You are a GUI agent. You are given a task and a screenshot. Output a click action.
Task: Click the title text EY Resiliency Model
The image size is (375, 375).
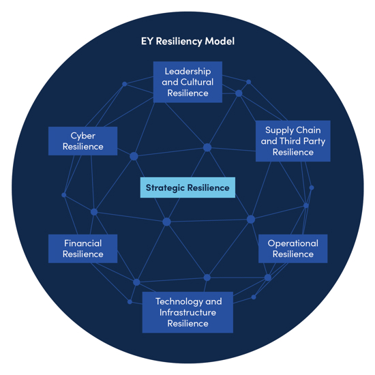pos(187,42)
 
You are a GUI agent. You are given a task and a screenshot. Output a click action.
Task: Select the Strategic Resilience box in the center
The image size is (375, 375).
pos(187,187)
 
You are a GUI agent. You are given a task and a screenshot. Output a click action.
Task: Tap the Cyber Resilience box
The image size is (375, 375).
pos(82,141)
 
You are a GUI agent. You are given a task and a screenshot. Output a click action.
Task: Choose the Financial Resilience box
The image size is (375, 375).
pos(82,249)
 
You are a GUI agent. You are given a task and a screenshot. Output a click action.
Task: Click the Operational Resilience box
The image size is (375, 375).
pos(292,249)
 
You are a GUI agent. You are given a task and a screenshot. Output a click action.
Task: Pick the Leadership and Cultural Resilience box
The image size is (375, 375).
pos(187,82)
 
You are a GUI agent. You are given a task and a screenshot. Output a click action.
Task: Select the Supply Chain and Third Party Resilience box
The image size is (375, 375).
pos(292,141)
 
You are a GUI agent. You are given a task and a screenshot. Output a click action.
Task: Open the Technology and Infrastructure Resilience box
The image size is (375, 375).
pos(187,312)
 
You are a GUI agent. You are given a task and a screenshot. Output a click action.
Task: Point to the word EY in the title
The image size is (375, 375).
pos(147,42)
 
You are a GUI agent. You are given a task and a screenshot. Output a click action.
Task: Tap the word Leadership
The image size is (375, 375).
pos(187,71)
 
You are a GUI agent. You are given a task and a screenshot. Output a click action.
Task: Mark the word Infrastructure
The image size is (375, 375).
pos(187,312)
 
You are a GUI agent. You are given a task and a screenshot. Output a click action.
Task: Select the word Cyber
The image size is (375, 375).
pos(82,136)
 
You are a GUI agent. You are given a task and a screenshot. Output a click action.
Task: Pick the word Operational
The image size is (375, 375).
pos(292,243)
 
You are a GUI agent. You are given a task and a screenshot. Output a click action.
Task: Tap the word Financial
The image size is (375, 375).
pos(82,243)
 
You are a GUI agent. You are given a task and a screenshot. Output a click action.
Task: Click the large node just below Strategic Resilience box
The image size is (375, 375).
pos(166,222)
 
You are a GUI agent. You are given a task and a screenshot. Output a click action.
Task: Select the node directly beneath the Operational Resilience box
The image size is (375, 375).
pos(268,277)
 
